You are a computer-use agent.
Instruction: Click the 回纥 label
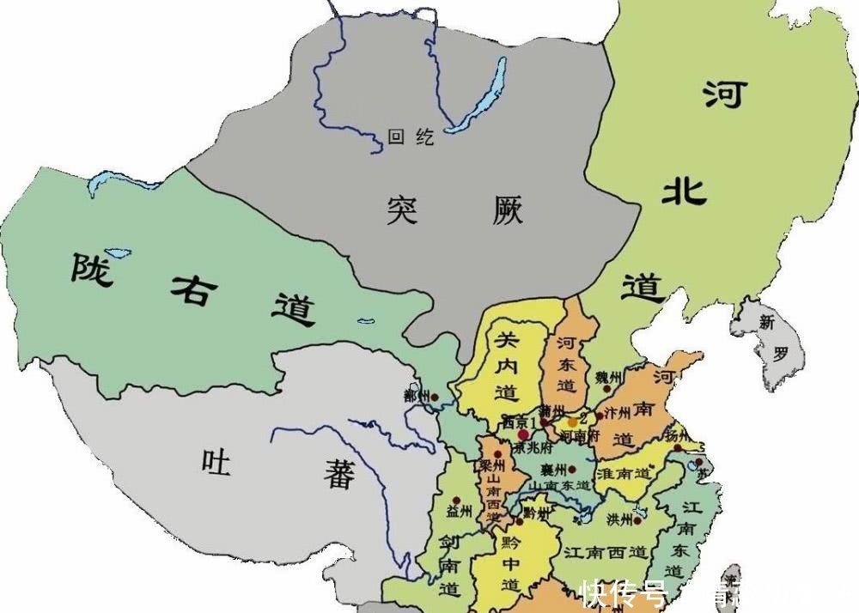[x=411, y=137]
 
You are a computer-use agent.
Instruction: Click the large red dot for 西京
[x=523, y=435]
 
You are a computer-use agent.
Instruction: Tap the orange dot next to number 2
[x=573, y=422]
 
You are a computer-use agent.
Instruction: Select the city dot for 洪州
[x=639, y=519]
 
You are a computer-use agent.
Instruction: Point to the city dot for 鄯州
[x=436, y=398]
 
